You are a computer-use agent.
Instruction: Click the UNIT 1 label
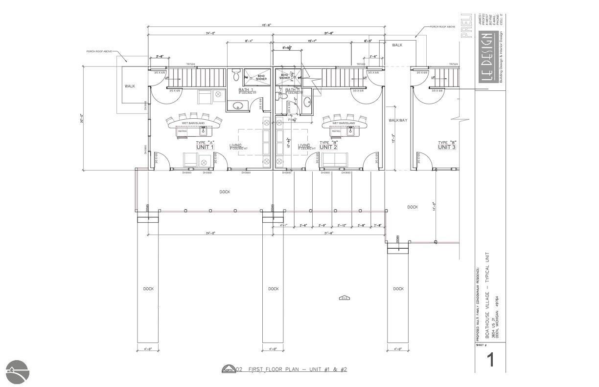(x=205, y=147)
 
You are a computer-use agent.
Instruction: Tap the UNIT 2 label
(x=328, y=147)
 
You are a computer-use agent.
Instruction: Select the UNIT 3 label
(x=447, y=147)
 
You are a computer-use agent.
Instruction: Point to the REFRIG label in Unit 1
(x=183, y=131)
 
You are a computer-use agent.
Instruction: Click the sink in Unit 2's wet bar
(x=350, y=130)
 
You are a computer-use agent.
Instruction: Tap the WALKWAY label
(x=398, y=120)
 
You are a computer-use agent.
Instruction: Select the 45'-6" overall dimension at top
(x=266, y=25)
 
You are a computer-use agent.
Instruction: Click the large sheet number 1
(x=489, y=360)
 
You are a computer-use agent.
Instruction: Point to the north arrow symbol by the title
(x=228, y=369)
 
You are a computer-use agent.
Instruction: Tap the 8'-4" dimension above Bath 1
(x=249, y=42)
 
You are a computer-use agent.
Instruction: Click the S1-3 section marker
(x=344, y=298)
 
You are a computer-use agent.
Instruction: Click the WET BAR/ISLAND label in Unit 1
(x=193, y=123)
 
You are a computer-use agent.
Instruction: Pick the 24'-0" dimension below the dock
(x=210, y=234)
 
